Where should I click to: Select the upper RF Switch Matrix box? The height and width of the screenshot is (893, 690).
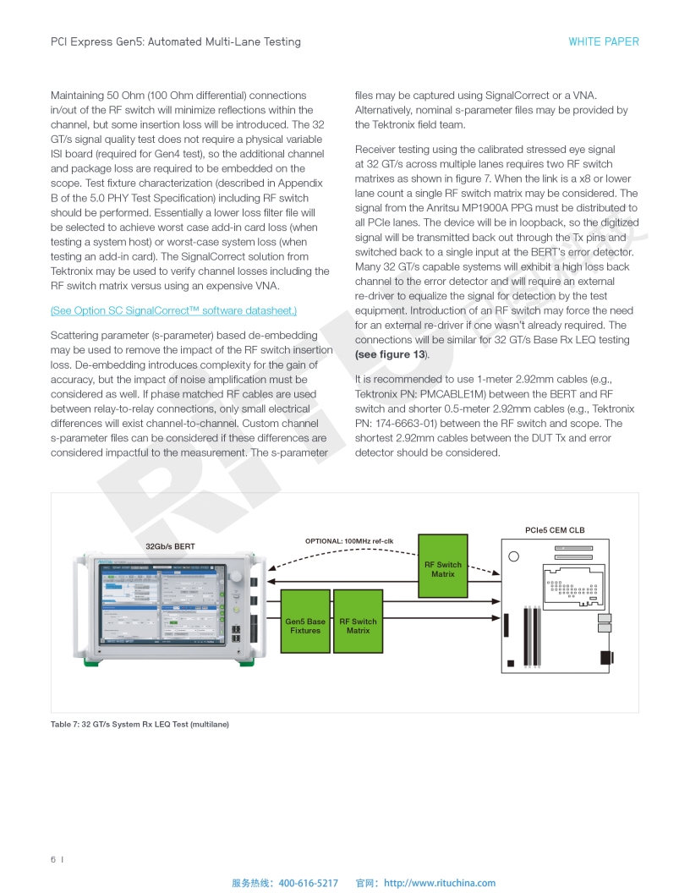click(x=443, y=566)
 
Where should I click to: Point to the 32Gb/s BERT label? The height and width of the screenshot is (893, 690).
click(x=170, y=546)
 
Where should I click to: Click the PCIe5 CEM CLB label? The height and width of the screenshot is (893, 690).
click(x=555, y=530)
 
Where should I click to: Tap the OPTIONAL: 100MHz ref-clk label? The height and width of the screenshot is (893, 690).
click(x=349, y=540)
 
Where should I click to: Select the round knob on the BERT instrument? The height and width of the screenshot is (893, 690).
click(x=238, y=577)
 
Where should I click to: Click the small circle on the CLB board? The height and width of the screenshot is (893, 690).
click(x=513, y=556)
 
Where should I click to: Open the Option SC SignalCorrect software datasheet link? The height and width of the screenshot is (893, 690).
click(x=173, y=310)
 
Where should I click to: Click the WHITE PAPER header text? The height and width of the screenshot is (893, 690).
click(x=604, y=41)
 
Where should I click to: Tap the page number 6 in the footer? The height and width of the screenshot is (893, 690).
click(x=53, y=859)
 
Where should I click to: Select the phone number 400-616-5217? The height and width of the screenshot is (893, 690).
click(x=308, y=883)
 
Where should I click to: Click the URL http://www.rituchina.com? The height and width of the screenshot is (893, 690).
click(x=440, y=883)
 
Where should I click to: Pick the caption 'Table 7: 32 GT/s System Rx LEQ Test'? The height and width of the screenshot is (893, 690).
click(x=140, y=724)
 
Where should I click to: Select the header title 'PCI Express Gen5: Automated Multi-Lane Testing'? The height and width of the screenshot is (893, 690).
click(x=176, y=41)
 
